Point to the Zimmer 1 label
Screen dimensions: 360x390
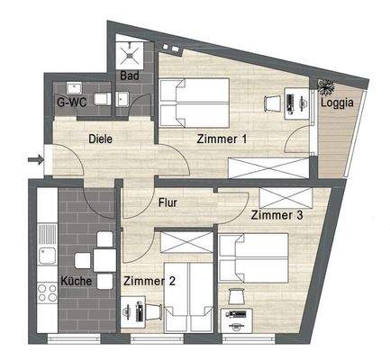click(222, 139)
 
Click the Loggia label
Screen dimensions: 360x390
click(337, 103)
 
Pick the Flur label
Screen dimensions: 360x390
click(168, 203)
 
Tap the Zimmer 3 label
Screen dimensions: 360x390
click(277, 216)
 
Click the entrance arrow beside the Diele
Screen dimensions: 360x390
click(36, 160)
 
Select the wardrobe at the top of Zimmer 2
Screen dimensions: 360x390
click(185, 242)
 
